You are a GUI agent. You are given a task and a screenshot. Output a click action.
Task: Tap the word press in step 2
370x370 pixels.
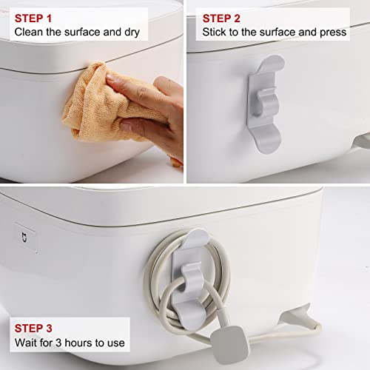(331, 33)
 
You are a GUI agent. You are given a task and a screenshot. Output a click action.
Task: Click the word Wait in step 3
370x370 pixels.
(26, 343)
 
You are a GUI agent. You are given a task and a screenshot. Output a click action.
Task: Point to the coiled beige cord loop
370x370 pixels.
(166, 281)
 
